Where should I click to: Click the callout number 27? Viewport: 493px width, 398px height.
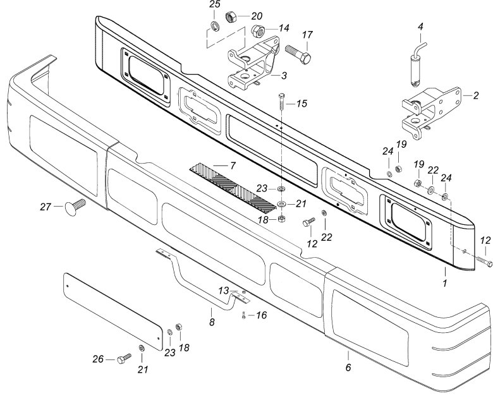pyautogui.click(x=46, y=206)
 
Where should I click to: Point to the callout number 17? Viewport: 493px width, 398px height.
pyautogui.click(x=308, y=35)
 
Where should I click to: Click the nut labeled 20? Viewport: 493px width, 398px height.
pyautogui.click(x=230, y=16)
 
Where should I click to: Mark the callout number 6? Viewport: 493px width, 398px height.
pyautogui.click(x=348, y=367)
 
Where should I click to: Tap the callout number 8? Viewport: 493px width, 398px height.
pyautogui.click(x=212, y=322)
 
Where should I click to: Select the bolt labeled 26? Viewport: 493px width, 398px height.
pyautogui.click(x=123, y=359)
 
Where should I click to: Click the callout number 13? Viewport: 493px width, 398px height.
pyautogui.click(x=223, y=290)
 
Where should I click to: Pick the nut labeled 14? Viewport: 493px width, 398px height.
pyautogui.click(x=258, y=30)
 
